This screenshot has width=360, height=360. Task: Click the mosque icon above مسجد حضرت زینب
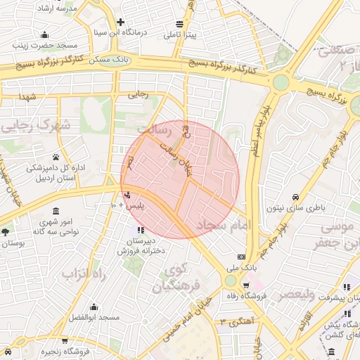tap(45, 34)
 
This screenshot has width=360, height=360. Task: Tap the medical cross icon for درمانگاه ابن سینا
tap(120, 22)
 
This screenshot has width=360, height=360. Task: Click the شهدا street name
tap(28, 96)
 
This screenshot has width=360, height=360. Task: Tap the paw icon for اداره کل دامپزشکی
tap(56, 156)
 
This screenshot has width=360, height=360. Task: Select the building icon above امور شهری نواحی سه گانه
tap(56, 211)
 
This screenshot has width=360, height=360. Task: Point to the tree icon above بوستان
tap(6, 231)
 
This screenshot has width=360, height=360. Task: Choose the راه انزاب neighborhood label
tap(82, 273)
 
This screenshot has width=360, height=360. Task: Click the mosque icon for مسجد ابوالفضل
tap(94, 307)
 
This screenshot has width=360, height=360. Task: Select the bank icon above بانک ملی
tap(241, 257)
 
